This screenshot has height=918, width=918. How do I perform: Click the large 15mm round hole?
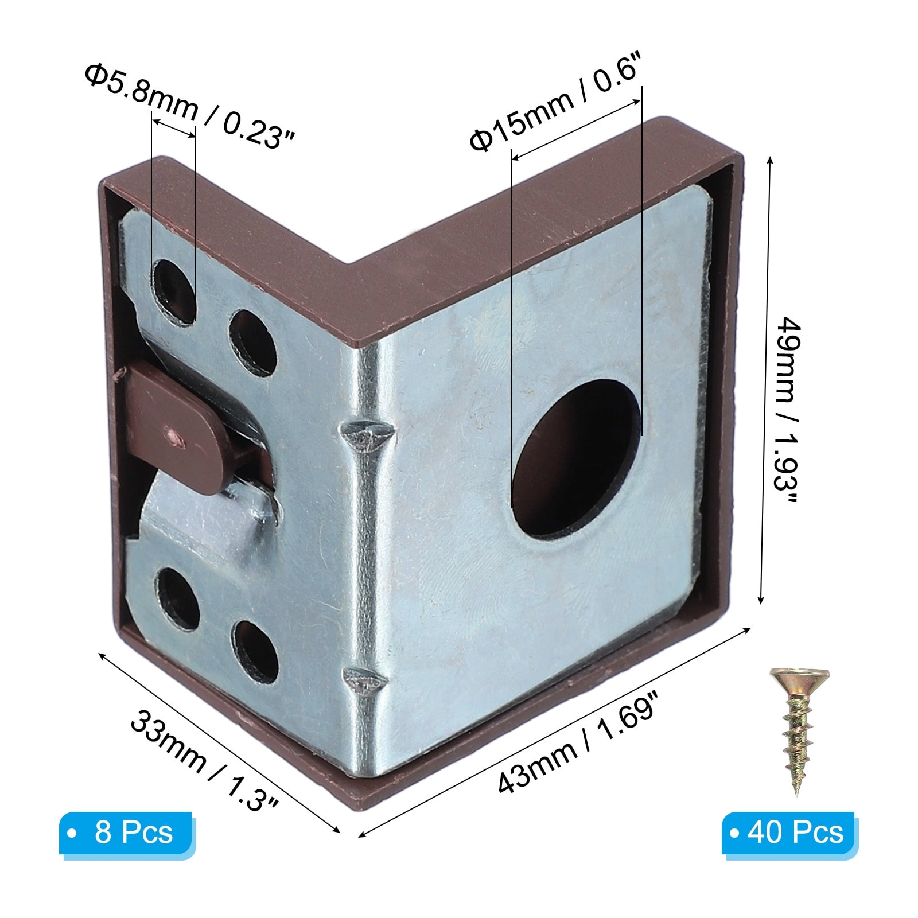click(x=576, y=458)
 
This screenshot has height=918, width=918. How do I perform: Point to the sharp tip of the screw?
click(x=797, y=794)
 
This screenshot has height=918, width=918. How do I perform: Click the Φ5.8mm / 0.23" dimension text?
click(x=190, y=106)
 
